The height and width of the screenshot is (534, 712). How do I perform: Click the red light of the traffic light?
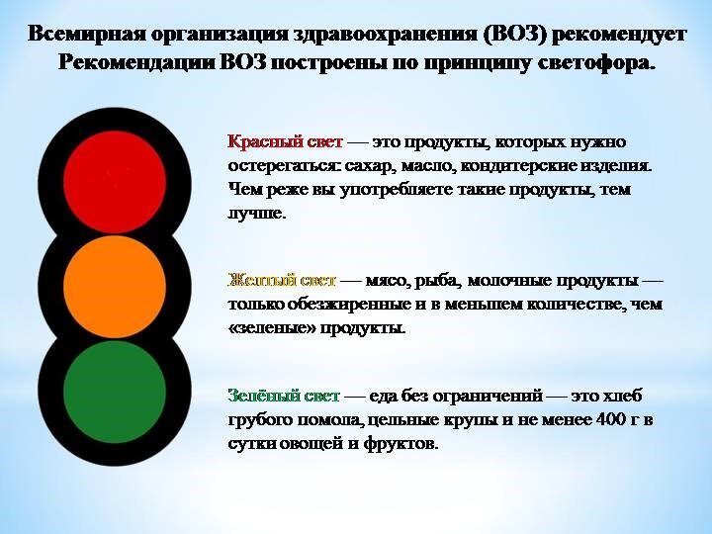(x=115, y=182)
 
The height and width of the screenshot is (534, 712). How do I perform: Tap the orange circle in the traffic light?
(x=115, y=286)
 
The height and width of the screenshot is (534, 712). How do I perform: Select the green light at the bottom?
(x=115, y=392)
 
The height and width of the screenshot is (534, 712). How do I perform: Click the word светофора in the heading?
(x=596, y=63)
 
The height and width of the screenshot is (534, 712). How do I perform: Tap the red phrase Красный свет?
(x=285, y=142)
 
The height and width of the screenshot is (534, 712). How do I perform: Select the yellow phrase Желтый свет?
(x=282, y=281)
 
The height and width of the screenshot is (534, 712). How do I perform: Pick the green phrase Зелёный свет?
(x=284, y=397)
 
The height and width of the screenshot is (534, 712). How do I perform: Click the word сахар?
(x=367, y=167)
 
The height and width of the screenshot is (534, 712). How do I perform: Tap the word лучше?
(x=257, y=213)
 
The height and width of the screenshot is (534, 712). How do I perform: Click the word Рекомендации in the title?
(x=136, y=63)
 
